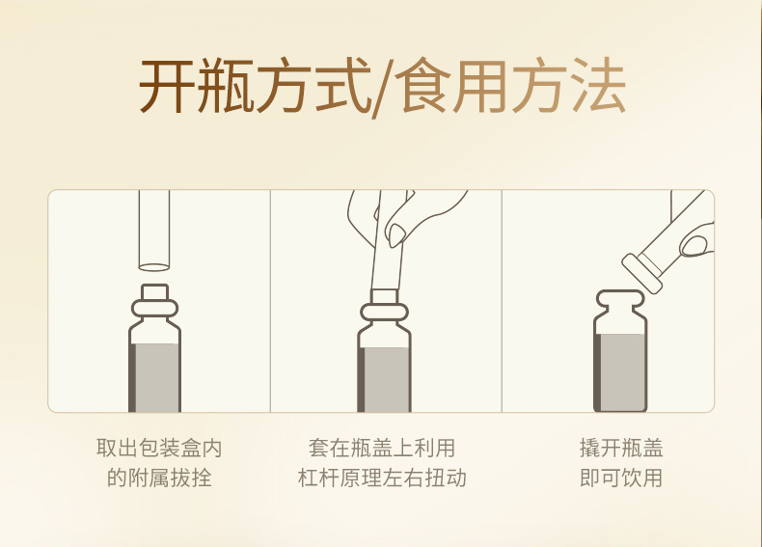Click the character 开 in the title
point(167,86)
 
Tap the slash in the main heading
point(384,89)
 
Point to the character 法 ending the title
point(599,86)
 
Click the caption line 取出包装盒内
point(159,448)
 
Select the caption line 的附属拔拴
point(159,478)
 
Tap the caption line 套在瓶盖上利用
point(382,448)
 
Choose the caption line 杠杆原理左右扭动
point(382,478)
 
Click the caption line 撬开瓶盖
point(621,448)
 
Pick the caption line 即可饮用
point(621,478)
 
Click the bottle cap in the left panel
point(154,292)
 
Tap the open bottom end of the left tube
point(154,267)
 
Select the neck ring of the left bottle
point(154,309)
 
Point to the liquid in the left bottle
point(155,377)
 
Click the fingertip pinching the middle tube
point(396,235)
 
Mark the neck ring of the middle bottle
point(385,313)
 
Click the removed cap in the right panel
point(642,274)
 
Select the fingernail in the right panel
point(694,245)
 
